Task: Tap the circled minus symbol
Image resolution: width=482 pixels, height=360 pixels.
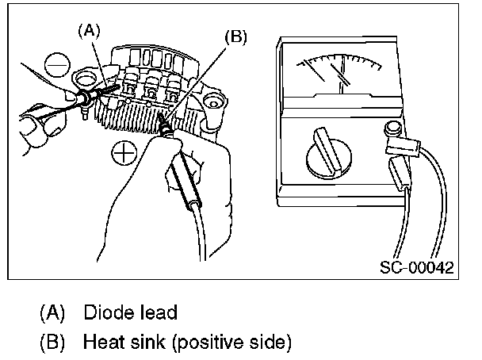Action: coord(56,63)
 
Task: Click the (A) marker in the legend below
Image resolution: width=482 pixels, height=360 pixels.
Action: coord(53,312)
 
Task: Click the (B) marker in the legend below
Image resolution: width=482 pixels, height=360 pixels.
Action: coord(53,343)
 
